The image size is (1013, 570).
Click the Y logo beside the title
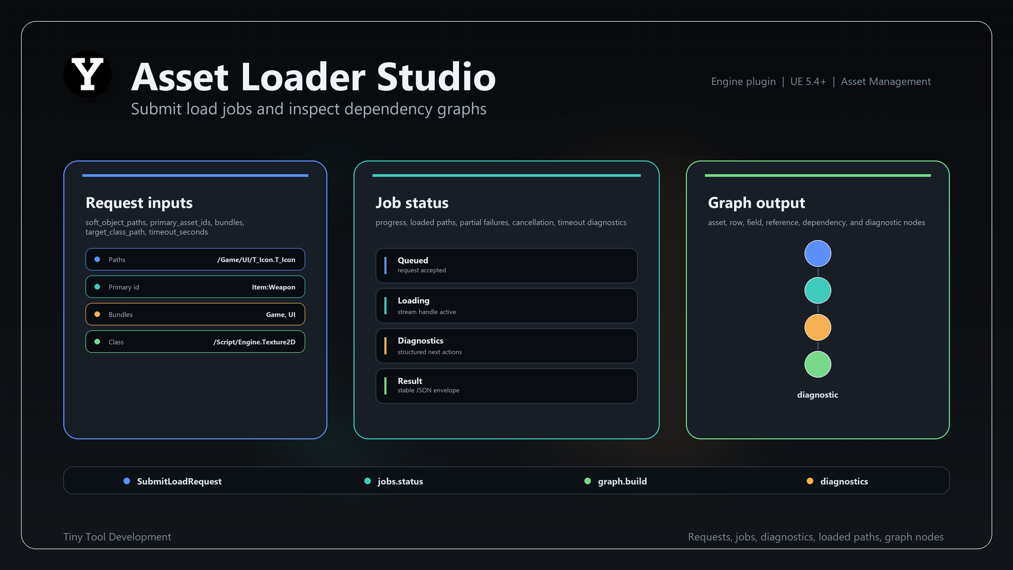[x=88, y=74]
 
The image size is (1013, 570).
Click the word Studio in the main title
[x=436, y=77]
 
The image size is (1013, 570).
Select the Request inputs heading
[x=139, y=203]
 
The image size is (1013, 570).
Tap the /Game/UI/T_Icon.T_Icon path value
[x=256, y=260]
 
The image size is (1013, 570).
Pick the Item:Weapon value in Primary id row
[x=273, y=287]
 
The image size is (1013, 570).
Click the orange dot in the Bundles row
[x=97, y=315]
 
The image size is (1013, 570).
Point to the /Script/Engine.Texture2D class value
[x=254, y=342]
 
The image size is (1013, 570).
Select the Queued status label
[x=413, y=261]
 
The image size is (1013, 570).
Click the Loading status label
[x=414, y=301]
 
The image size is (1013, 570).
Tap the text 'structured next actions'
[x=430, y=352]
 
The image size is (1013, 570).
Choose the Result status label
[x=410, y=381]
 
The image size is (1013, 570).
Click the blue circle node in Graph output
[x=818, y=254]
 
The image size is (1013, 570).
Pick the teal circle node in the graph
[x=818, y=291]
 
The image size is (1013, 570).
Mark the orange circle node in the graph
[x=818, y=328]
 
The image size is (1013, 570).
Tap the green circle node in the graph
[x=818, y=365]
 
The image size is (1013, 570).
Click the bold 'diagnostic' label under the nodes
[x=818, y=395]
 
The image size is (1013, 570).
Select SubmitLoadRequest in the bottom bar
[x=179, y=481]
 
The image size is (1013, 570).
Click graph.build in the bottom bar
[x=623, y=481]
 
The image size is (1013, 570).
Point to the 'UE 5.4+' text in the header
[x=808, y=82]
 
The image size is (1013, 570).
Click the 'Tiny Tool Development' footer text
[x=117, y=537]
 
